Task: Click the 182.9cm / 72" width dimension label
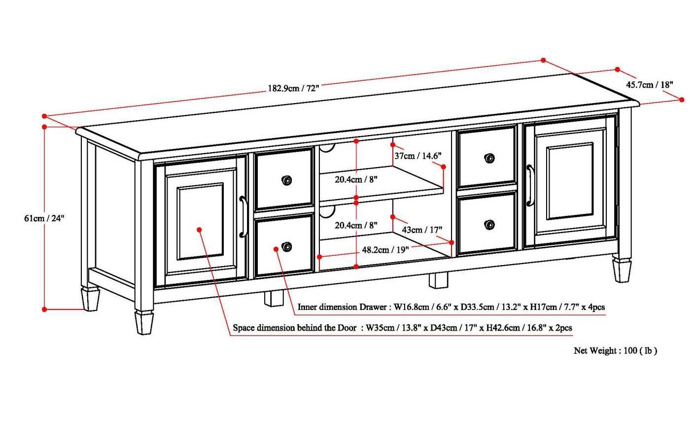point(293,89)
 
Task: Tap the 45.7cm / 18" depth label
point(649,85)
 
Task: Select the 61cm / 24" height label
point(44,218)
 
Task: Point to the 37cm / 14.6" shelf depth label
point(417,156)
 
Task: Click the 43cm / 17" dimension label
point(422,230)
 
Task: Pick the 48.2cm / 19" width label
point(385,250)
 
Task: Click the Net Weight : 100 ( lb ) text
point(615,351)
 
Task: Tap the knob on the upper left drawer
point(286,180)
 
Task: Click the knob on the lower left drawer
point(286,246)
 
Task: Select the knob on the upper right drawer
point(489,158)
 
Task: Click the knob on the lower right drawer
point(489,225)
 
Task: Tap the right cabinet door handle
point(530,185)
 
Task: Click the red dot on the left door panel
point(199,230)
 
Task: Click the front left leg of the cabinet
point(144,322)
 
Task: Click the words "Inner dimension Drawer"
point(342,307)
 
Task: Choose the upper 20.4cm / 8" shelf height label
point(356,180)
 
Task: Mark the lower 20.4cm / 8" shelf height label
point(356,225)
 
